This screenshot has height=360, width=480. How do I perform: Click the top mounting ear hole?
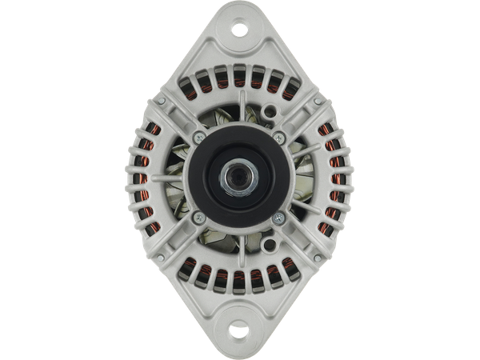pyautogui.click(x=240, y=30)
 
